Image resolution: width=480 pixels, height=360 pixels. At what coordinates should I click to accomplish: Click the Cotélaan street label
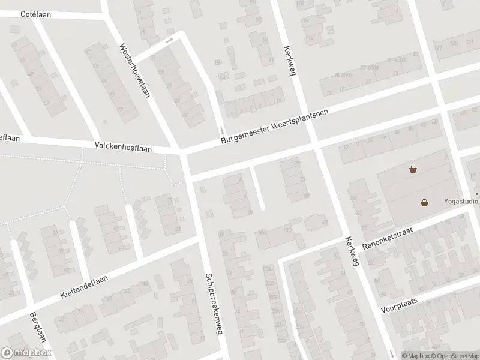coord(34,13)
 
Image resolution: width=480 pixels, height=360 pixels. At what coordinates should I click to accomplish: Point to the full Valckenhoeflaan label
coord(123,146)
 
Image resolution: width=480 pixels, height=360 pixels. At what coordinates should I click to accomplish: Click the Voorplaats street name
coord(398,305)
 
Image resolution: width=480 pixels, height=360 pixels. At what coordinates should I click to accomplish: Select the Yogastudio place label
coord(461,202)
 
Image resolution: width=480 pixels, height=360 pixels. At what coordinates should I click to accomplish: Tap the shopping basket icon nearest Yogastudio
coord(425,203)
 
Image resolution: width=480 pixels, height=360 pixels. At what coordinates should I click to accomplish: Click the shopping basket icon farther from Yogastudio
coord(413,169)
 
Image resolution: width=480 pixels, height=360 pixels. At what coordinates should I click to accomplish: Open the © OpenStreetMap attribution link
coord(454,356)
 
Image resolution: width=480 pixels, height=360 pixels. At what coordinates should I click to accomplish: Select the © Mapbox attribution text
coord(414,356)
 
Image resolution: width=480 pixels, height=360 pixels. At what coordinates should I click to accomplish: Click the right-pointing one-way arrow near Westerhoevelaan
coord(169,40)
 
